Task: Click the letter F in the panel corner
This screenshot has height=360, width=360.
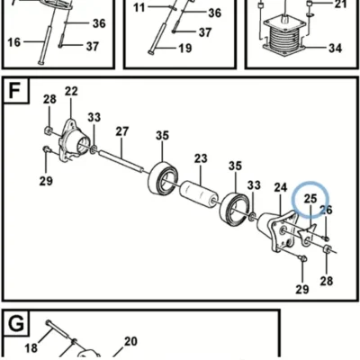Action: (x=15, y=90)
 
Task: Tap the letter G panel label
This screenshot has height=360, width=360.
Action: (x=16, y=324)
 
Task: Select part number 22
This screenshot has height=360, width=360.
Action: (x=71, y=91)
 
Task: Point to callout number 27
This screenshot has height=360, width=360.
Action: (x=122, y=131)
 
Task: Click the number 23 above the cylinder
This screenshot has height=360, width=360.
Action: (x=201, y=158)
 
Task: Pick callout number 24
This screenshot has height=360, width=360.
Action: (x=281, y=187)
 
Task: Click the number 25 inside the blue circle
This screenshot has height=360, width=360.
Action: (x=310, y=198)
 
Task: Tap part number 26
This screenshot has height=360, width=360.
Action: (x=326, y=210)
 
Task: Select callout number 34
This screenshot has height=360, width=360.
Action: (x=336, y=48)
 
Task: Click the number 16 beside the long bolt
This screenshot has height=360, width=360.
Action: (x=14, y=42)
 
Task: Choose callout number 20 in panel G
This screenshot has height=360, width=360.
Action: (x=130, y=341)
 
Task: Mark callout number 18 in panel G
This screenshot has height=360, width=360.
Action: (x=31, y=348)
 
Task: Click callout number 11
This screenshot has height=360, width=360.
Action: (x=139, y=7)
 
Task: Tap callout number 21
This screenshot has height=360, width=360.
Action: (x=340, y=4)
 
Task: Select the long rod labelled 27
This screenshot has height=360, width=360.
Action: (x=121, y=160)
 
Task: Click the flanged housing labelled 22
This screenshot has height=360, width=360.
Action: (x=73, y=140)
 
